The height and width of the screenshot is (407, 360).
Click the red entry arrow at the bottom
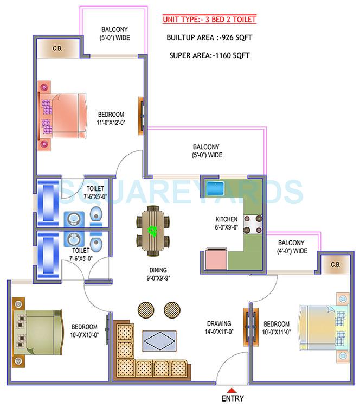(232, 391)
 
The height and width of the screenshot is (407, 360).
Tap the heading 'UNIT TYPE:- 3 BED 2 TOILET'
(209, 20)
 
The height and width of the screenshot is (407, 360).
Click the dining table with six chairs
(153, 231)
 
